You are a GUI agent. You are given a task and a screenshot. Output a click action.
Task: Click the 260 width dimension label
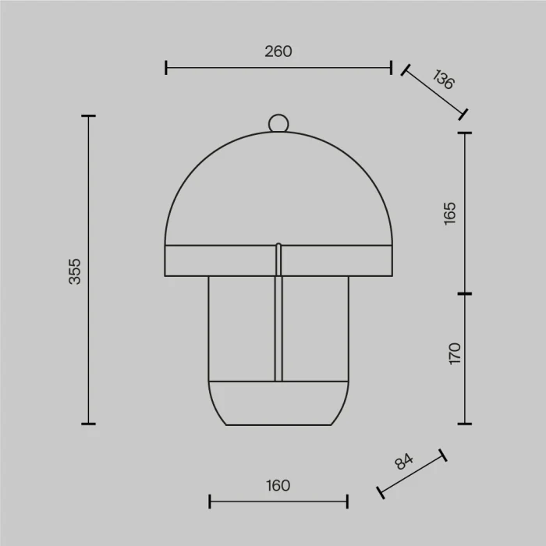(x=278, y=51)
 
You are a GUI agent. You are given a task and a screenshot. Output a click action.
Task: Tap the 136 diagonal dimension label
(x=443, y=80)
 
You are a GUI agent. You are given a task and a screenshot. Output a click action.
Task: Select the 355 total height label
(x=75, y=271)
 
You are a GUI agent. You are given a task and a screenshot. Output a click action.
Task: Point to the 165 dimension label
(x=449, y=214)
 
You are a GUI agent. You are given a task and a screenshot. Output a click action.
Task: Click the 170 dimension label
(x=455, y=353)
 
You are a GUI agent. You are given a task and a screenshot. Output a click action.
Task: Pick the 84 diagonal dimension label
(x=404, y=462)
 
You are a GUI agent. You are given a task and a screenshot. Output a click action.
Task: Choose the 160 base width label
(x=278, y=485)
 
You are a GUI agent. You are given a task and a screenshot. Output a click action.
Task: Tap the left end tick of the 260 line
(x=166, y=68)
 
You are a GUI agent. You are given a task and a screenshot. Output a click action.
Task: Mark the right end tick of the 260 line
(x=391, y=68)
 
